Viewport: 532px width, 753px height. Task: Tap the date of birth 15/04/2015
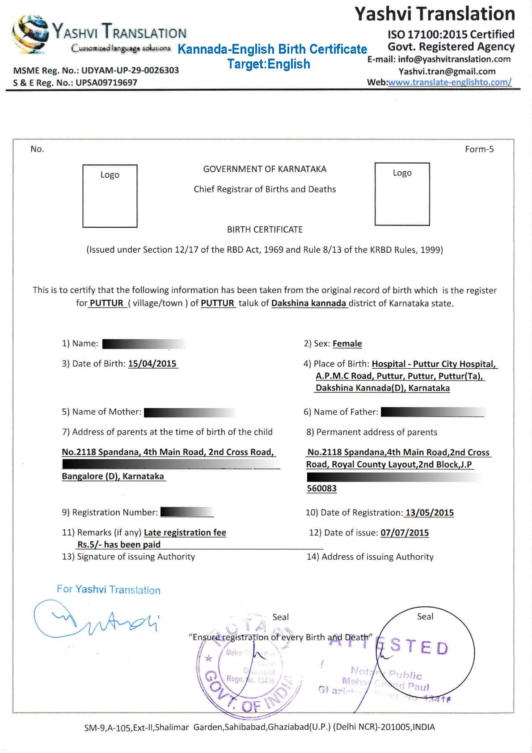pos(152,363)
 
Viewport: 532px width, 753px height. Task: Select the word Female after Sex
pos(347,344)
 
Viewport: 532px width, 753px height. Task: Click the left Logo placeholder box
pos(110,196)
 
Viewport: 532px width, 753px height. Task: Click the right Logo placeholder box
pos(402,194)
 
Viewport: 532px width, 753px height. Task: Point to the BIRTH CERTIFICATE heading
pos(265,230)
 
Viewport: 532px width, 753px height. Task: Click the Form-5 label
pos(479,149)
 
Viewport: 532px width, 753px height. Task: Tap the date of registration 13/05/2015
pos(429,513)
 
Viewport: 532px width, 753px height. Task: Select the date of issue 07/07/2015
pos(405,533)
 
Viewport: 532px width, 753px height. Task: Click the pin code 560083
pos(321,489)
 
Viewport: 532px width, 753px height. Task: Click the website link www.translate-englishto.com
pos(450,82)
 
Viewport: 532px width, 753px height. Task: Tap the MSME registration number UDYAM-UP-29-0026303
pos(130,70)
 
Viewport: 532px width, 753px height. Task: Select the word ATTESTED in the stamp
pos(389,646)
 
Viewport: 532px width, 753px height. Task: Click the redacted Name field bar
pos(144,344)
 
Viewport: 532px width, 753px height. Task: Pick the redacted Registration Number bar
pos(187,512)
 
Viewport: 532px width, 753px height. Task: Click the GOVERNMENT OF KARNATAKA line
pos(265,169)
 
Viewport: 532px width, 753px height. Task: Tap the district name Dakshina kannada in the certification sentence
pos(309,303)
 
